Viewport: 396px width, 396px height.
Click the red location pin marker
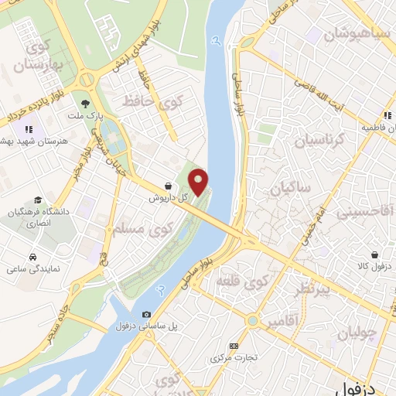200,182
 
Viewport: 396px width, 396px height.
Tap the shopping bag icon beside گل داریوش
169,186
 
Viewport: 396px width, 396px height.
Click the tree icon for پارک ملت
84,101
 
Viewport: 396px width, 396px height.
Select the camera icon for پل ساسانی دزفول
146,315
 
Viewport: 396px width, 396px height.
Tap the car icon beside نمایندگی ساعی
33,256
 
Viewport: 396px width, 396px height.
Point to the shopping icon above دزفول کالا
374,254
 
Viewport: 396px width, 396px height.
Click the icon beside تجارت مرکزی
234,346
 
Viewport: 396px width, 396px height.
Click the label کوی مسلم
139,229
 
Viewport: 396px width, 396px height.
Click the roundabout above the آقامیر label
252,320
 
